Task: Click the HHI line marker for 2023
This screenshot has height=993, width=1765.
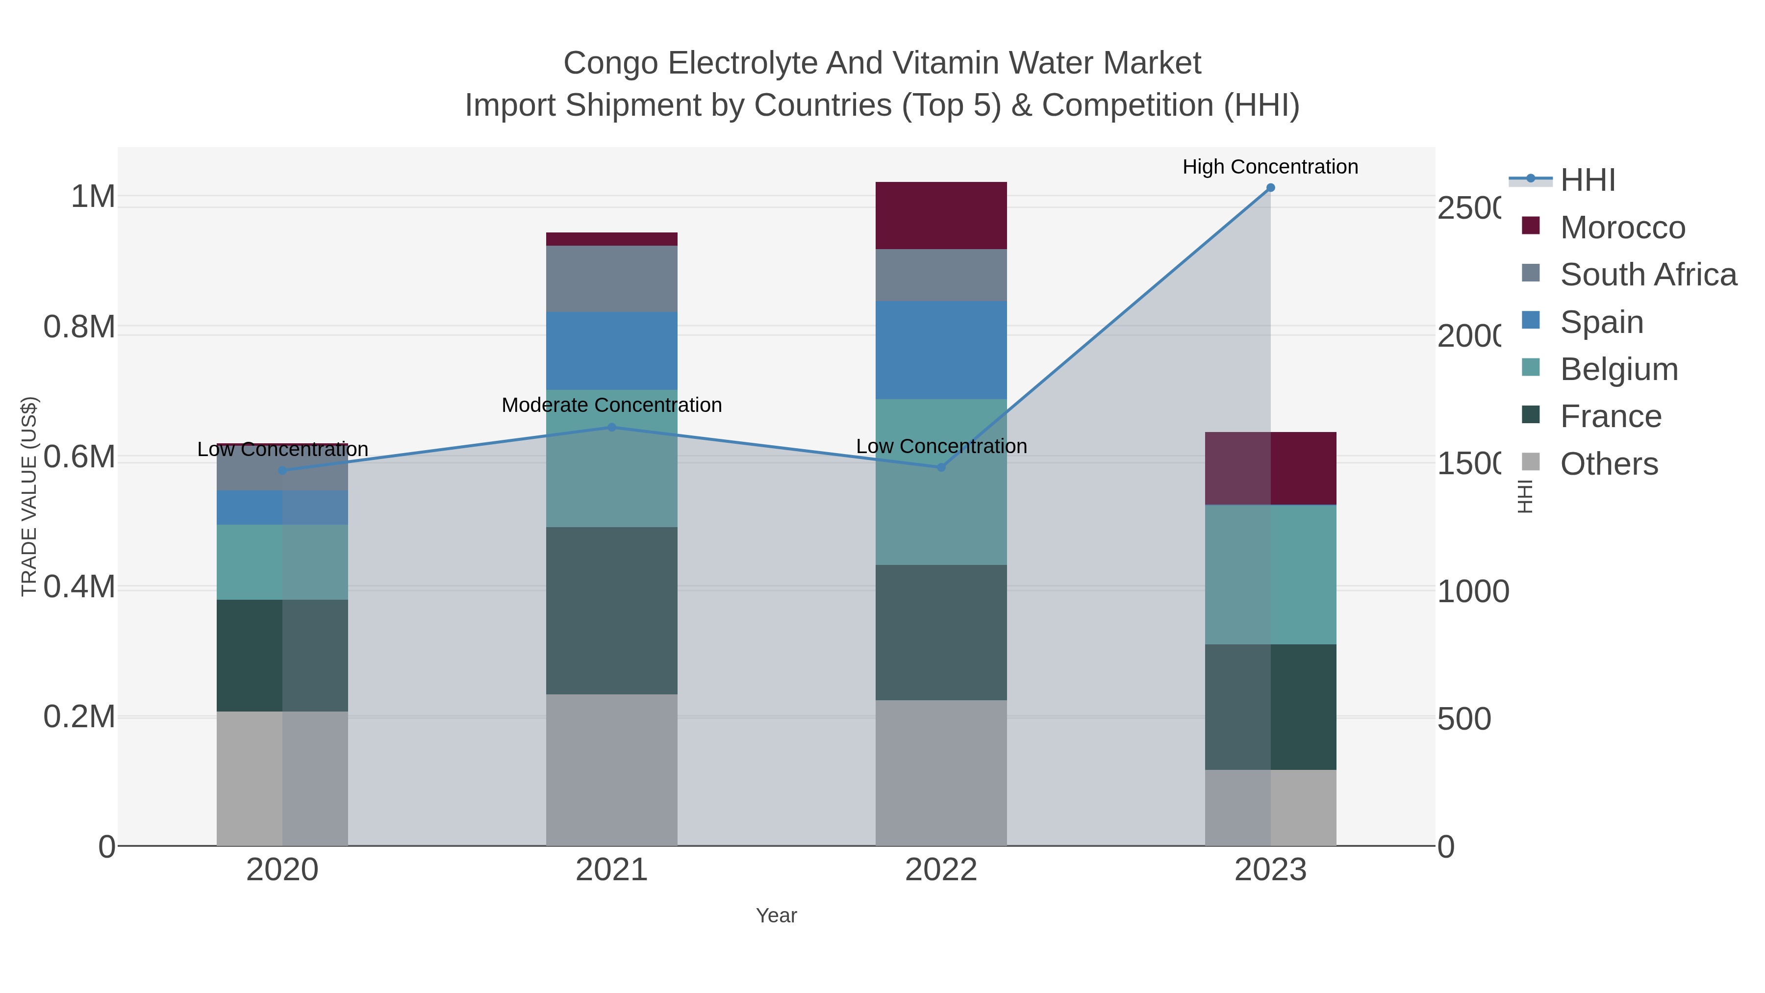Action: pyautogui.click(x=1270, y=188)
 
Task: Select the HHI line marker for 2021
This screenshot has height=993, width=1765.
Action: pyautogui.click(x=612, y=428)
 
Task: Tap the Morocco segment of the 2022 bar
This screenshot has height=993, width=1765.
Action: pyautogui.click(x=941, y=215)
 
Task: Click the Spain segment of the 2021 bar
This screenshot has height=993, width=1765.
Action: pyautogui.click(x=611, y=351)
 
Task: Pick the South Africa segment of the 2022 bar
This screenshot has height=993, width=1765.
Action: pyautogui.click(x=941, y=275)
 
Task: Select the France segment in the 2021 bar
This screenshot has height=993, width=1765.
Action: pyautogui.click(x=611, y=610)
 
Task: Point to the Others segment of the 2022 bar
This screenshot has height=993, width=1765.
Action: pyautogui.click(x=941, y=772)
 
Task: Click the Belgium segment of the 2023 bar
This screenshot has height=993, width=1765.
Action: pyautogui.click(x=1270, y=574)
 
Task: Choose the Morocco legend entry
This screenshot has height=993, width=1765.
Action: pyautogui.click(x=1622, y=228)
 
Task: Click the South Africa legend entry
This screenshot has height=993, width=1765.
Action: pyautogui.click(x=1648, y=275)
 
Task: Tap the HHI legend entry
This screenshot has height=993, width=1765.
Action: pyautogui.click(x=1587, y=180)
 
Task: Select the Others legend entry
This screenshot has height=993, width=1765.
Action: pyautogui.click(x=1608, y=464)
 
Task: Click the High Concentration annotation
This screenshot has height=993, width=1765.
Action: pyautogui.click(x=1270, y=167)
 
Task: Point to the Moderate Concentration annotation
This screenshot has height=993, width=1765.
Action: pyautogui.click(x=611, y=405)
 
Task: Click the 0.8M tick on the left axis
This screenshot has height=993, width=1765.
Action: pyautogui.click(x=79, y=327)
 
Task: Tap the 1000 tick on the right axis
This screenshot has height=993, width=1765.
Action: pyautogui.click(x=1472, y=591)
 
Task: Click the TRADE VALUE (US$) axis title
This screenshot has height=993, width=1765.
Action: pyautogui.click(x=29, y=496)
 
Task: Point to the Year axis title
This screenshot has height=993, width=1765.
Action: pyautogui.click(x=776, y=916)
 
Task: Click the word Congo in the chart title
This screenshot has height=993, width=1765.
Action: pyautogui.click(x=611, y=63)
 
